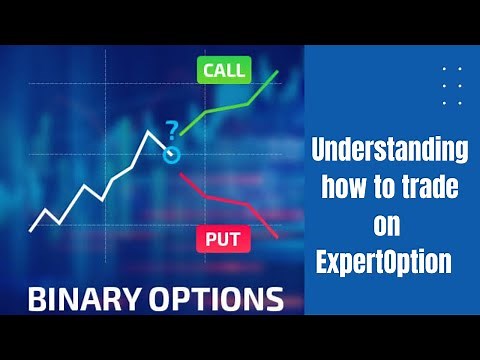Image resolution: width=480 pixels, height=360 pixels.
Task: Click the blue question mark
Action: click(172, 129)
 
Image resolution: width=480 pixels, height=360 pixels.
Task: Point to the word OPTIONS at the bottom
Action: click(219, 297)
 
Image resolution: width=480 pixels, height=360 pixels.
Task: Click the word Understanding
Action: click(391, 152)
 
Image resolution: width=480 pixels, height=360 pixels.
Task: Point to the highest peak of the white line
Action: click(150, 131)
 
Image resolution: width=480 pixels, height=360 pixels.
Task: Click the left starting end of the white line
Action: click(31, 230)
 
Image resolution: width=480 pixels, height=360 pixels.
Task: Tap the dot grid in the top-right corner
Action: click(451, 85)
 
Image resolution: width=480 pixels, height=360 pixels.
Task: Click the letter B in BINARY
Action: click(37, 297)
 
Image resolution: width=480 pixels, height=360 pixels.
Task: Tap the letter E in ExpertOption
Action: click(323, 263)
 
